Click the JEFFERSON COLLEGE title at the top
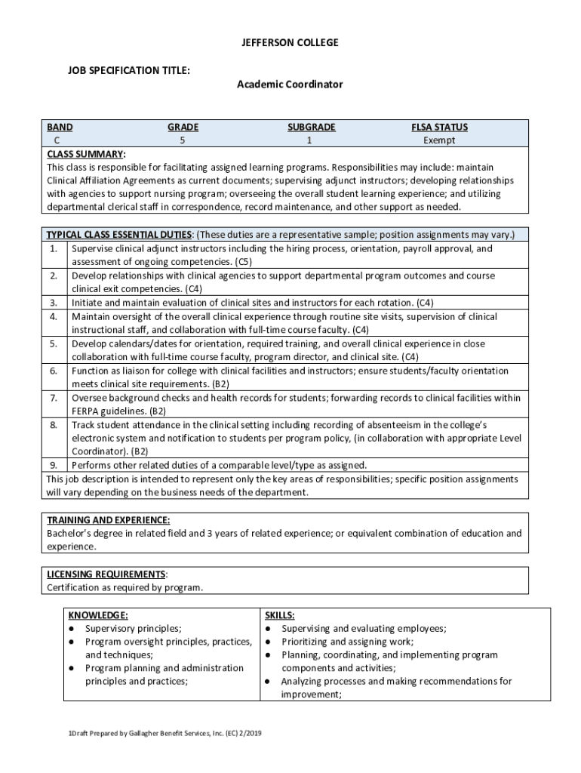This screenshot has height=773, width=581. (x=290, y=43)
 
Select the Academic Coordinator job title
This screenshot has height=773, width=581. (x=290, y=85)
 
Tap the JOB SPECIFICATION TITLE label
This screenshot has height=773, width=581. (x=128, y=70)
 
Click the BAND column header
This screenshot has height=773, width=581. (x=60, y=128)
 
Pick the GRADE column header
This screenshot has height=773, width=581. (x=183, y=128)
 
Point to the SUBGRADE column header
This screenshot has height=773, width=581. (x=311, y=128)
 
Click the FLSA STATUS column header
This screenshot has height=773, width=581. (x=439, y=128)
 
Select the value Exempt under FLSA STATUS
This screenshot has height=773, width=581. (x=439, y=140)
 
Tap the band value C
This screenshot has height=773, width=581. (x=56, y=140)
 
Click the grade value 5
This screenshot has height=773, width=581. (x=182, y=140)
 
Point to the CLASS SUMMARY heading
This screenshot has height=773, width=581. (x=85, y=154)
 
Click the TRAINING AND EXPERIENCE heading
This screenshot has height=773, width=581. (x=108, y=520)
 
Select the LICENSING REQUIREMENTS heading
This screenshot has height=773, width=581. (x=106, y=574)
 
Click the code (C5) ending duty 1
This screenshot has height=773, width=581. (x=242, y=262)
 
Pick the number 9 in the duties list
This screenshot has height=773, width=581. (x=54, y=465)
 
